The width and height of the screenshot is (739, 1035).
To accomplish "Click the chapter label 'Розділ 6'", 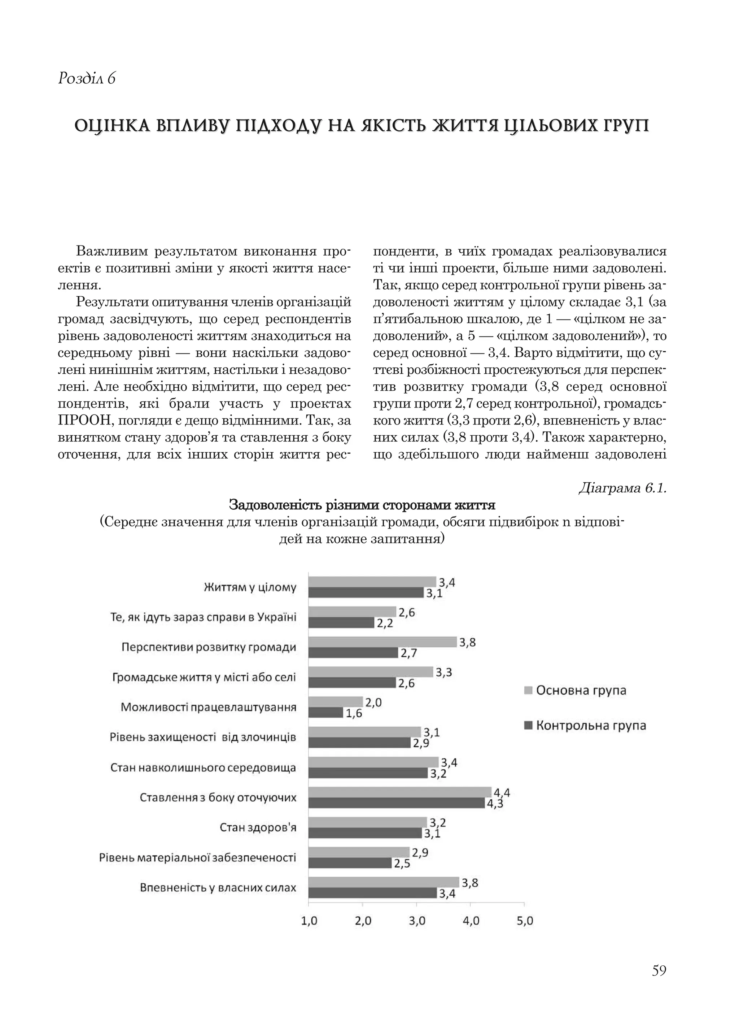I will (87, 79).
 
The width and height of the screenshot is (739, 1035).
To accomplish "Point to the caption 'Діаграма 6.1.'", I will (622, 488).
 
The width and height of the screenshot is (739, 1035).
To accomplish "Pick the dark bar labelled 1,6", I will (325, 713).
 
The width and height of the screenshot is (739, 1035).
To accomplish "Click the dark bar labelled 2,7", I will (353, 653).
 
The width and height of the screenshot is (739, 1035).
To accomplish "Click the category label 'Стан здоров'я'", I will (258, 827).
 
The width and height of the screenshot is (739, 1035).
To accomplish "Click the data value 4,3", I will (495, 803).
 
